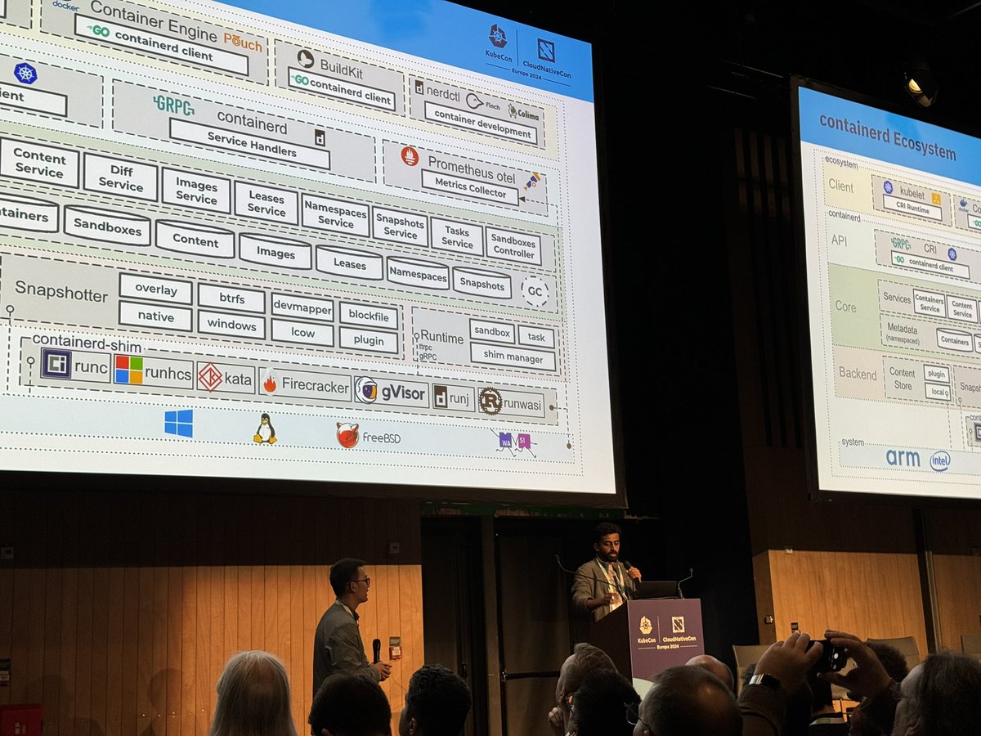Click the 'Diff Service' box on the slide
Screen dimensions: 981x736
[120, 177]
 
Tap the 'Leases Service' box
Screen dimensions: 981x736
[266, 203]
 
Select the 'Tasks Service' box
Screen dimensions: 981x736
[457, 236]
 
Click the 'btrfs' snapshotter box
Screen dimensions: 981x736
[231, 298]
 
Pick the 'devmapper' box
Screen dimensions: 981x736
[302, 307]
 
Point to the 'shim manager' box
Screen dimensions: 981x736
[513, 357]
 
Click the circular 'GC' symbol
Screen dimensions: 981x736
[535, 291]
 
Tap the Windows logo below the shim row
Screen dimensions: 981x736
[178, 423]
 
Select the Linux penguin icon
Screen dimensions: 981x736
[264, 429]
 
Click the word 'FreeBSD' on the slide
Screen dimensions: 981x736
[381, 438]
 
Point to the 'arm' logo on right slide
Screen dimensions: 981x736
[903, 458]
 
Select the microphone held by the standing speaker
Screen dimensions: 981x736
[376, 650]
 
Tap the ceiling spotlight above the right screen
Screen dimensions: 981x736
[921, 85]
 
